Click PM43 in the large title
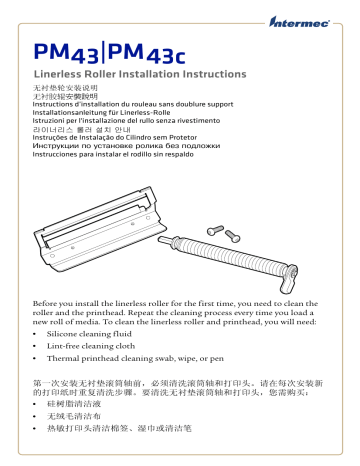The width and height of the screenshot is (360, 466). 69,51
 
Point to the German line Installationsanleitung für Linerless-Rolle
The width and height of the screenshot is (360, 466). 108,112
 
